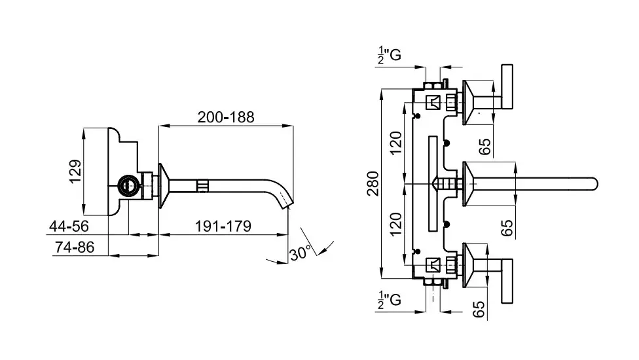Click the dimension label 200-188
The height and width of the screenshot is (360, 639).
click(x=226, y=117)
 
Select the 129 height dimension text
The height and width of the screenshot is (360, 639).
click(x=76, y=171)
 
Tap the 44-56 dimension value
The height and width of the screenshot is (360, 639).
click(x=69, y=226)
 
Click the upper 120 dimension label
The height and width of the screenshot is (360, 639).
click(x=395, y=143)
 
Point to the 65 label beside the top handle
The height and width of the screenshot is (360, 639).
click(x=484, y=146)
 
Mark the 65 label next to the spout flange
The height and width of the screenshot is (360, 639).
click(x=506, y=227)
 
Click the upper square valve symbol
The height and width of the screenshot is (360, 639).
click(x=433, y=102)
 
